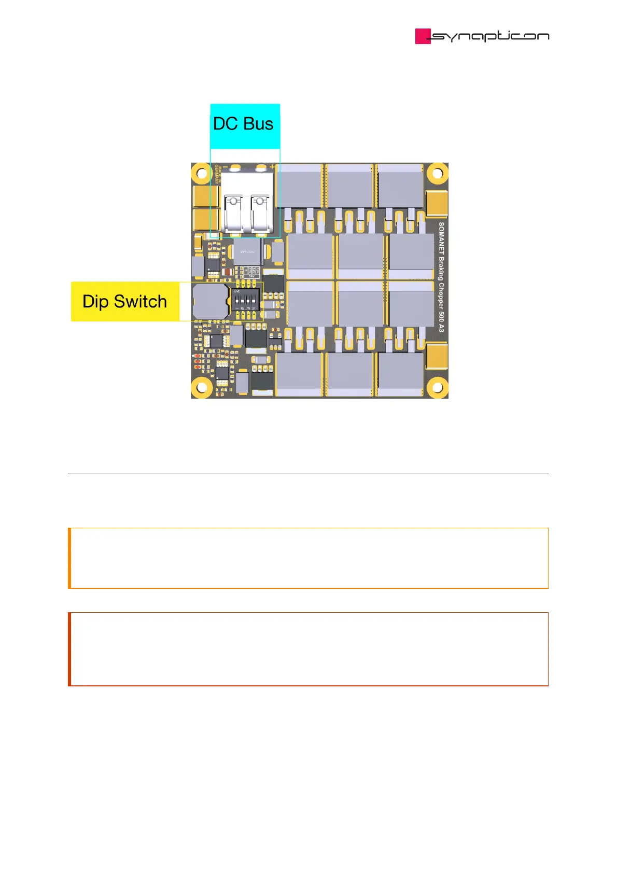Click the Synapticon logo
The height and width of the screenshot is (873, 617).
tap(482, 36)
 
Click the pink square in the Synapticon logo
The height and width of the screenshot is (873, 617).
tap(423, 36)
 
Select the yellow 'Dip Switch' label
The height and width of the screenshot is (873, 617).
tap(125, 302)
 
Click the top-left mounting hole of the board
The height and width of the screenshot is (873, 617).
tap(202, 173)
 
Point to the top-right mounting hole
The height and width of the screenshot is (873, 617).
tap(437, 173)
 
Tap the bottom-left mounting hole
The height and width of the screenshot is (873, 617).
tap(202, 387)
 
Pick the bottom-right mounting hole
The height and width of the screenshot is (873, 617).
tap(437, 387)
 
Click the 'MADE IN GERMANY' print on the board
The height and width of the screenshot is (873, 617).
tap(218, 175)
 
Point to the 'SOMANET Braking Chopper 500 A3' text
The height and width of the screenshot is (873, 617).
tap(441, 277)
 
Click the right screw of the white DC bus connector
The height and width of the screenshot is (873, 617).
tap(260, 201)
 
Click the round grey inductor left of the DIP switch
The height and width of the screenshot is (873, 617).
tap(210, 302)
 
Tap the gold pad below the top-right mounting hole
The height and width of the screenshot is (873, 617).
tap(437, 203)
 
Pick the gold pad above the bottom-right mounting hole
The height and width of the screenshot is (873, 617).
tap(437, 357)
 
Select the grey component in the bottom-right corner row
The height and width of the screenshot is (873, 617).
tap(401, 374)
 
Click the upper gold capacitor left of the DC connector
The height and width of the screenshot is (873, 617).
tap(201, 196)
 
